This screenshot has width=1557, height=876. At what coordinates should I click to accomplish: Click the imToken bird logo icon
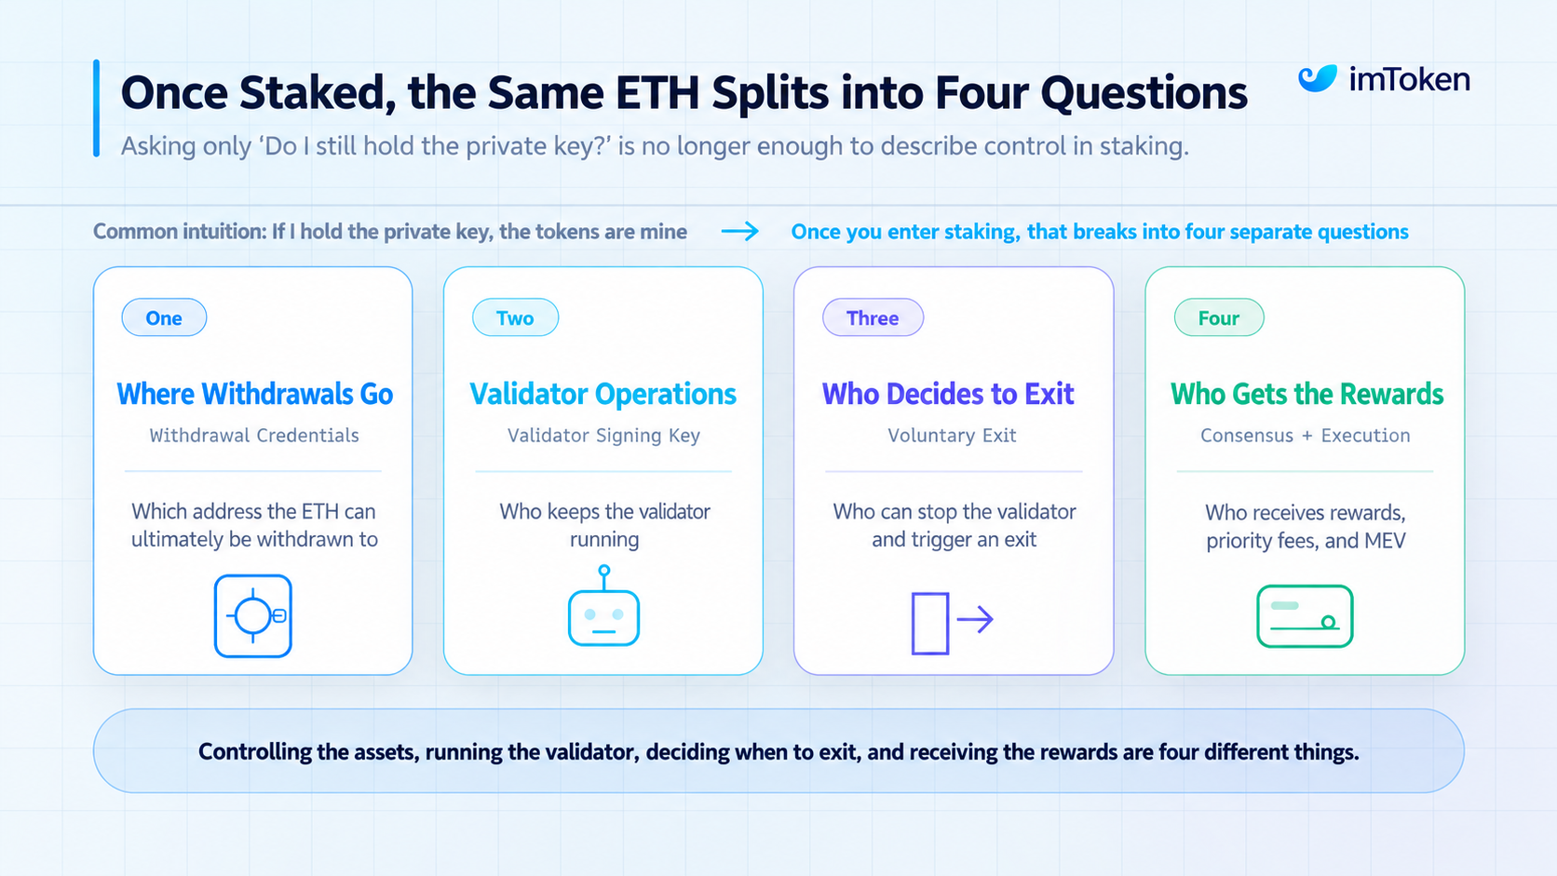(x=1317, y=78)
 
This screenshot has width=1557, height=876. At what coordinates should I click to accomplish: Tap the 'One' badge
(x=164, y=317)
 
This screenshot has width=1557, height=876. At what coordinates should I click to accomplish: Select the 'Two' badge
(x=515, y=317)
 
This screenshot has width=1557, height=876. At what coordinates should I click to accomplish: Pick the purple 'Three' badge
(x=873, y=317)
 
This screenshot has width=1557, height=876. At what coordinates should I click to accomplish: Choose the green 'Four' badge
(x=1218, y=317)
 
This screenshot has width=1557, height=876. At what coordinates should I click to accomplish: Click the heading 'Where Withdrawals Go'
(x=254, y=394)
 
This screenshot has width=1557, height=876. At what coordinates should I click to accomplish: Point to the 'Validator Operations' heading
(x=602, y=394)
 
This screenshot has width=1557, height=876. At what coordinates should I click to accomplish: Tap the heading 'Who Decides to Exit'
(x=948, y=394)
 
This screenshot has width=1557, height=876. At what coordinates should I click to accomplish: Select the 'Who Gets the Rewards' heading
(x=1307, y=394)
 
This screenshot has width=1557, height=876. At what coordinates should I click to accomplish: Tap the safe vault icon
(x=253, y=615)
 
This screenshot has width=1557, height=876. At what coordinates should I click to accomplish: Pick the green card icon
(x=1305, y=616)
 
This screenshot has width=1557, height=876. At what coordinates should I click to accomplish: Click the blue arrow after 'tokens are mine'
(x=739, y=231)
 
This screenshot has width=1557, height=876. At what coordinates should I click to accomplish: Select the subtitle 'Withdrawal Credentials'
(x=254, y=436)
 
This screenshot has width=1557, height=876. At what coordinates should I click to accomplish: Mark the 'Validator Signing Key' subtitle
(x=603, y=436)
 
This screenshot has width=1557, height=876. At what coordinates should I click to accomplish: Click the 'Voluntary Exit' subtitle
(x=952, y=436)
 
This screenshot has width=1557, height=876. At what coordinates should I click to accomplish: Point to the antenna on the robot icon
(x=604, y=577)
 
